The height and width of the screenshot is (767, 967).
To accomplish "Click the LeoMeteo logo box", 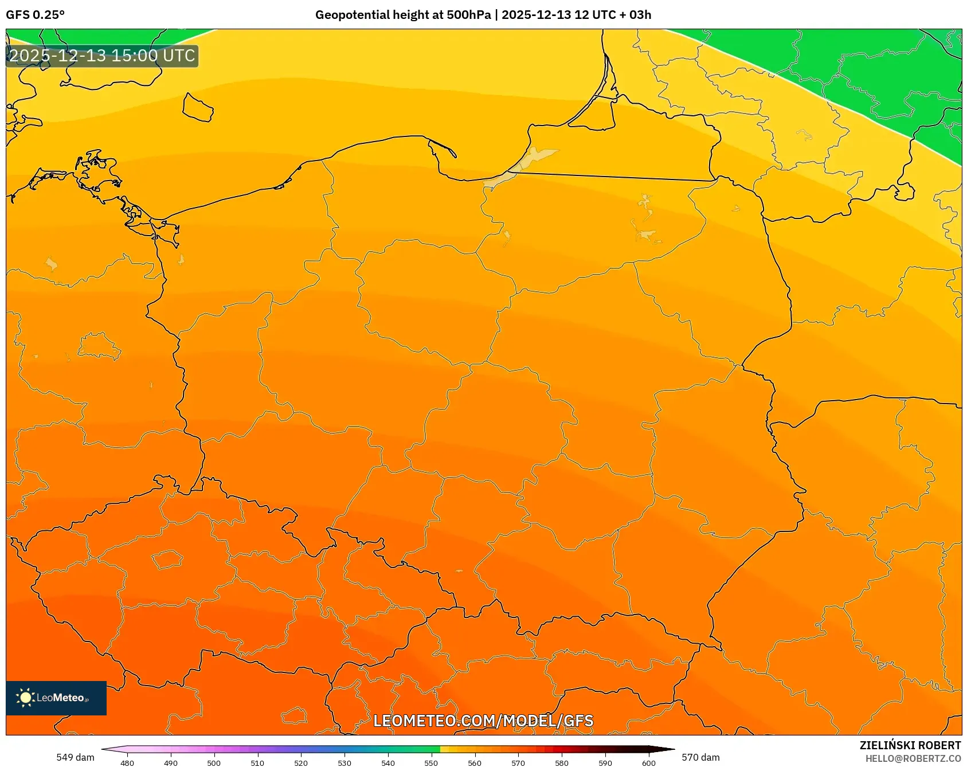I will pos(56,698).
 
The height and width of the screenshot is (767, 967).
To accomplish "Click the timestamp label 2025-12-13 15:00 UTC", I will pos(102,56).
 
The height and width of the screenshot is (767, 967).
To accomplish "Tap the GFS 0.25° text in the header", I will pos(35,15).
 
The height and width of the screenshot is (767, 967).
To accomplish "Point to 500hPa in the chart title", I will pos(468,15).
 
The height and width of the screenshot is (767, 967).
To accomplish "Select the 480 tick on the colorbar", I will pos(127,762).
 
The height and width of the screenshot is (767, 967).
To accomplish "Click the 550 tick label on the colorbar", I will pos(431,762).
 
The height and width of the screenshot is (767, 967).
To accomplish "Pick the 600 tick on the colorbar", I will pos(648,762).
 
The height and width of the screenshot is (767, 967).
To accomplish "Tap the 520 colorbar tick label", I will pos(301,762).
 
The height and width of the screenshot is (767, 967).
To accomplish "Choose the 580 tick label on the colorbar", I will pos(562,762).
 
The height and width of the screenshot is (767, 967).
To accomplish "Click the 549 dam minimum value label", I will pos(75,757).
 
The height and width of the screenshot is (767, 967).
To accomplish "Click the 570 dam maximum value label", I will pos(700,757).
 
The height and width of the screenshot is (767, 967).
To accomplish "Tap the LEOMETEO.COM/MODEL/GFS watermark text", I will pos(483,721).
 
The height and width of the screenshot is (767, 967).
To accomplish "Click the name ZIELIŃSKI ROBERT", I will pos(910,745).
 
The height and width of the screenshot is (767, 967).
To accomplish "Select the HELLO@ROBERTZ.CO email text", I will pos(913,758).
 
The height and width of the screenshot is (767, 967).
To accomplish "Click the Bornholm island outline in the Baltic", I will pos(198,107).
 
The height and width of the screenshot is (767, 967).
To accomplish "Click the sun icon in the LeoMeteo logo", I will pos(25,698).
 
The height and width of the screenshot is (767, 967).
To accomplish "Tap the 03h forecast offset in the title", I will pos(640,15).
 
